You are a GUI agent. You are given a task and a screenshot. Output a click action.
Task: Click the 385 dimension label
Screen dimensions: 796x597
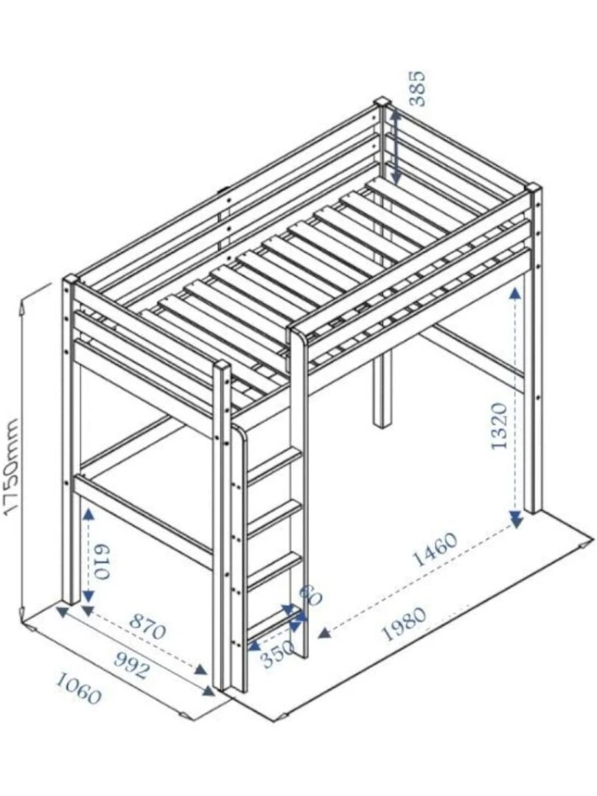[x=417, y=88]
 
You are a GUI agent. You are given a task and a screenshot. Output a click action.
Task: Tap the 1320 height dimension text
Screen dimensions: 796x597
[x=499, y=426]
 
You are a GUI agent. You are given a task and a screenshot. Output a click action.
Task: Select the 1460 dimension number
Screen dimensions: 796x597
[x=434, y=550]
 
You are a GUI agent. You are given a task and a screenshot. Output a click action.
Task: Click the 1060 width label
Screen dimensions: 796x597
[x=77, y=694]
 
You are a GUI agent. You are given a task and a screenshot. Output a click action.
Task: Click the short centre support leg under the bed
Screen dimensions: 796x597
[x=381, y=391]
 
